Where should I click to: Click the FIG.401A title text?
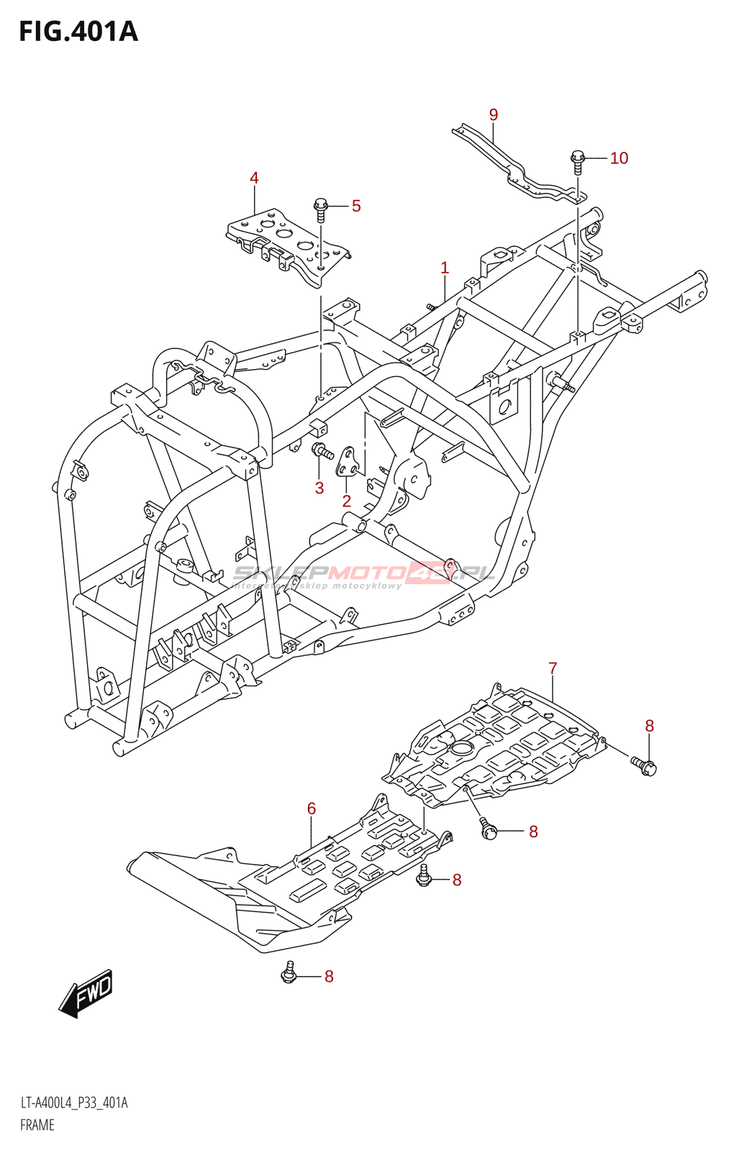[78, 32]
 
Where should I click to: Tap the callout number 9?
[493, 115]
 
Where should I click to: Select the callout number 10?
[619, 158]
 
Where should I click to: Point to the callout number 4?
[254, 178]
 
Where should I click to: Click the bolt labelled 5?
[321, 209]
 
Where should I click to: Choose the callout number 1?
[445, 268]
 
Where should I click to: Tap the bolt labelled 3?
[322, 452]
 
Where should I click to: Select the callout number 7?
[553, 668]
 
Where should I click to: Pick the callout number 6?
[312, 809]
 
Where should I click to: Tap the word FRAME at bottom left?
[37, 1125]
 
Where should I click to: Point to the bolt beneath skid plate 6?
[289, 973]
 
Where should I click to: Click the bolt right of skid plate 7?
[645, 766]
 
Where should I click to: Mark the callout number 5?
[356, 206]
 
